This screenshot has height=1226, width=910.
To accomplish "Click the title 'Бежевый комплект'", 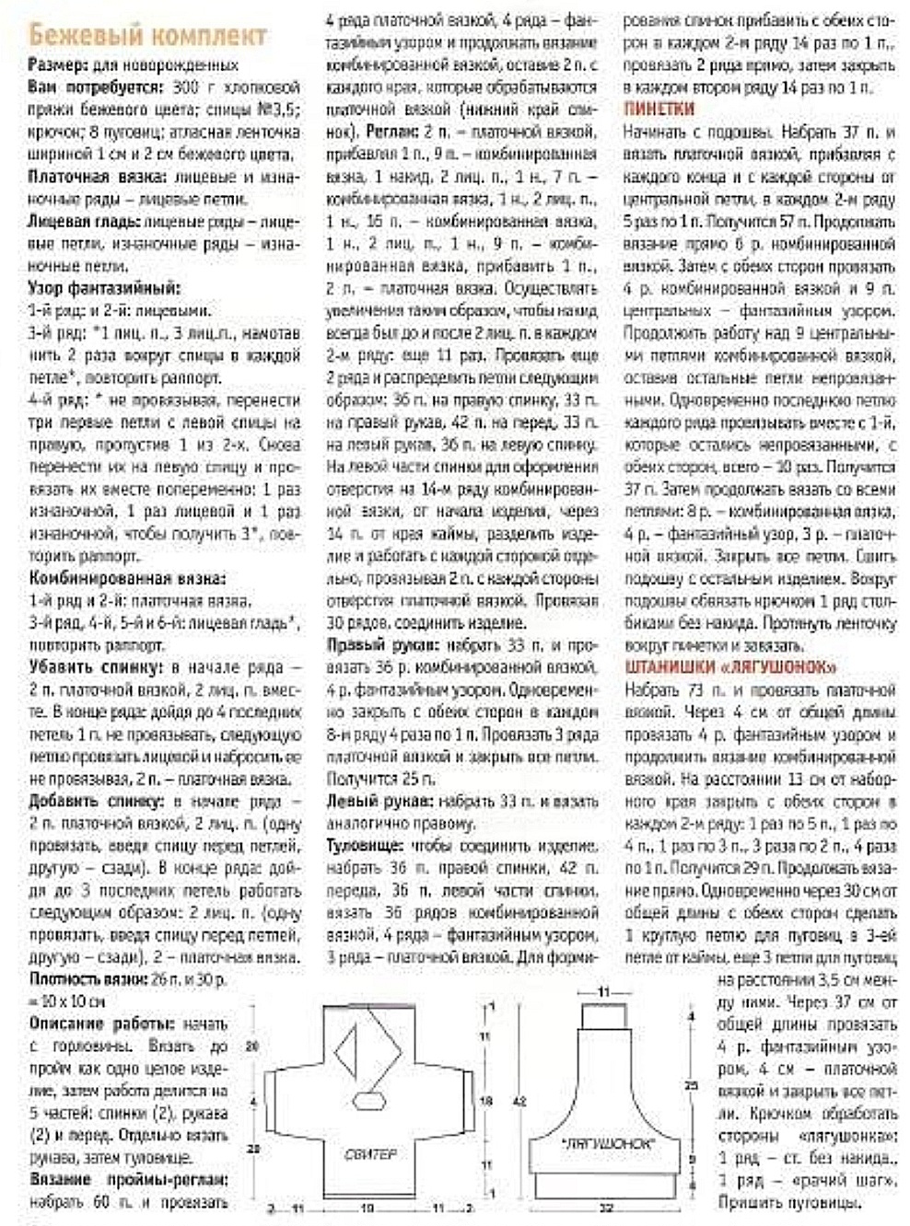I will (x=147, y=36).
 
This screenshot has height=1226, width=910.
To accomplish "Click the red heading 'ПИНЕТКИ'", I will (x=659, y=108).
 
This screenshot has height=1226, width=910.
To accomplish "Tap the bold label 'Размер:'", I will (x=59, y=64).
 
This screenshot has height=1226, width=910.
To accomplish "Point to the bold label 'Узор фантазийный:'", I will (x=105, y=288).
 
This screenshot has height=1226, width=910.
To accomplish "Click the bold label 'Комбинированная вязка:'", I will (x=127, y=579).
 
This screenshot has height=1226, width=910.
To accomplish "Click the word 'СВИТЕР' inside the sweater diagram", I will (x=371, y=1153).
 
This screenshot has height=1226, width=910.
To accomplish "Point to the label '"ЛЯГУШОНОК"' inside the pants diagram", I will (x=606, y=1143).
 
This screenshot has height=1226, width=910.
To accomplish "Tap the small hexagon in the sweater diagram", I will (x=369, y=1097).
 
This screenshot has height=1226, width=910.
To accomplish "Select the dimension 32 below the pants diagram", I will (x=605, y=1206).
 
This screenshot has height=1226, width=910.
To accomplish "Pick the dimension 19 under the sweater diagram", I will (x=366, y=1207).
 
